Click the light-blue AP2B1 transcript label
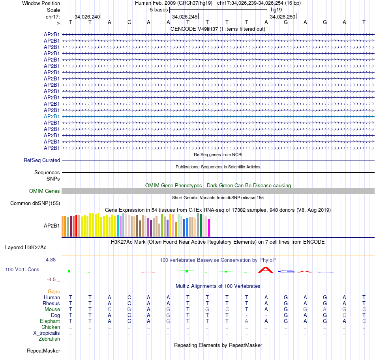click(x=52, y=116)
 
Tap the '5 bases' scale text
click(x=159, y=9)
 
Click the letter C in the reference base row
click(x=129, y=22)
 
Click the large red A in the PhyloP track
click(x=266, y=270)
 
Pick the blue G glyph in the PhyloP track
click(x=286, y=272)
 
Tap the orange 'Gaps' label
click(x=54, y=291)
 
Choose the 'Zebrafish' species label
click(x=49, y=339)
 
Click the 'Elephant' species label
click(x=50, y=321)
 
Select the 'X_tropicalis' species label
click(x=47, y=333)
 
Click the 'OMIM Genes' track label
click(x=45, y=191)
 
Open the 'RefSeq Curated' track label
click(x=42, y=160)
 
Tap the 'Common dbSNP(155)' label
click(x=32, y=203)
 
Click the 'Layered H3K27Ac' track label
click(x=26, y=248)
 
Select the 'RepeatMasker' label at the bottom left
click(x=43, y=351)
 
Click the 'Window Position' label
click(x=41, y=3)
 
